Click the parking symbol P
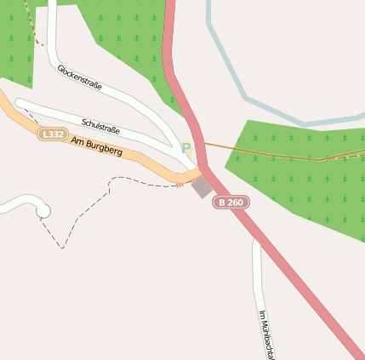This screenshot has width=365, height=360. (x=186, y=148)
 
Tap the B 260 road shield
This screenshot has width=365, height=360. (x=231, y=203)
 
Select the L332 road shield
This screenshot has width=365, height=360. (x=52, y=134)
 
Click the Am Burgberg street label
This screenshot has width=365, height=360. (x=97, y=146)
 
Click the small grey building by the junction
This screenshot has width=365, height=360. (x=202, y=186)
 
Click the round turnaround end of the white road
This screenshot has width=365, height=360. (x=42, y=210)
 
